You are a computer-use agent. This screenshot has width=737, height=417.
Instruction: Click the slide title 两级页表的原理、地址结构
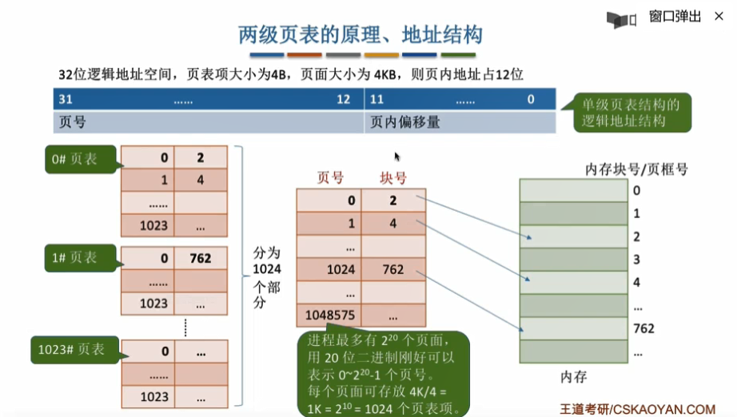[361, 35]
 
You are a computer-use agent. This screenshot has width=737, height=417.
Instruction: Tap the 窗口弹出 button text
[675, 16]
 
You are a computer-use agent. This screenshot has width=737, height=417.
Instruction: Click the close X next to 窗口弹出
[716, 16]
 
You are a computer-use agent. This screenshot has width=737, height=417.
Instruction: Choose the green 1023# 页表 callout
[71, 348]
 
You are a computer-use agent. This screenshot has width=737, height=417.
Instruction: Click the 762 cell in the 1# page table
[200, 259]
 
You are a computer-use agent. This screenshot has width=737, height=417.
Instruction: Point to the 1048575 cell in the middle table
[329, 315]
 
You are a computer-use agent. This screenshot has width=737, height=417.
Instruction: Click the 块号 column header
[392, 177]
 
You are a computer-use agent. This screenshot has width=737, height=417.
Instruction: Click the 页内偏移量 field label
[405, 122]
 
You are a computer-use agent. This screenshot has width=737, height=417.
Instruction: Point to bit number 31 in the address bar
[66, 100]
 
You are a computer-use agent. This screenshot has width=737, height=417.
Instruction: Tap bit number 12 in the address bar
[344, 100]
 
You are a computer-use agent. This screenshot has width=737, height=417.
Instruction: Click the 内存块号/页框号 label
[636, 169]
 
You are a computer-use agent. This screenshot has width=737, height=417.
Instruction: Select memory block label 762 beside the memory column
[643, 328]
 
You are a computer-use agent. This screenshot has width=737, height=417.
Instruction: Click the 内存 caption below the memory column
[575, 375]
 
